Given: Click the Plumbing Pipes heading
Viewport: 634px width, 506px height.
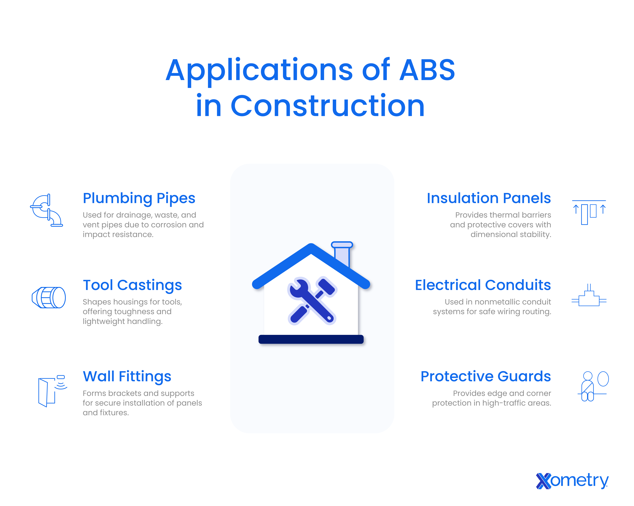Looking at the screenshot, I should tap(139, 198).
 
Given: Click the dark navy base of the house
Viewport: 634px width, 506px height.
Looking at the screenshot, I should tap(311, 339).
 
